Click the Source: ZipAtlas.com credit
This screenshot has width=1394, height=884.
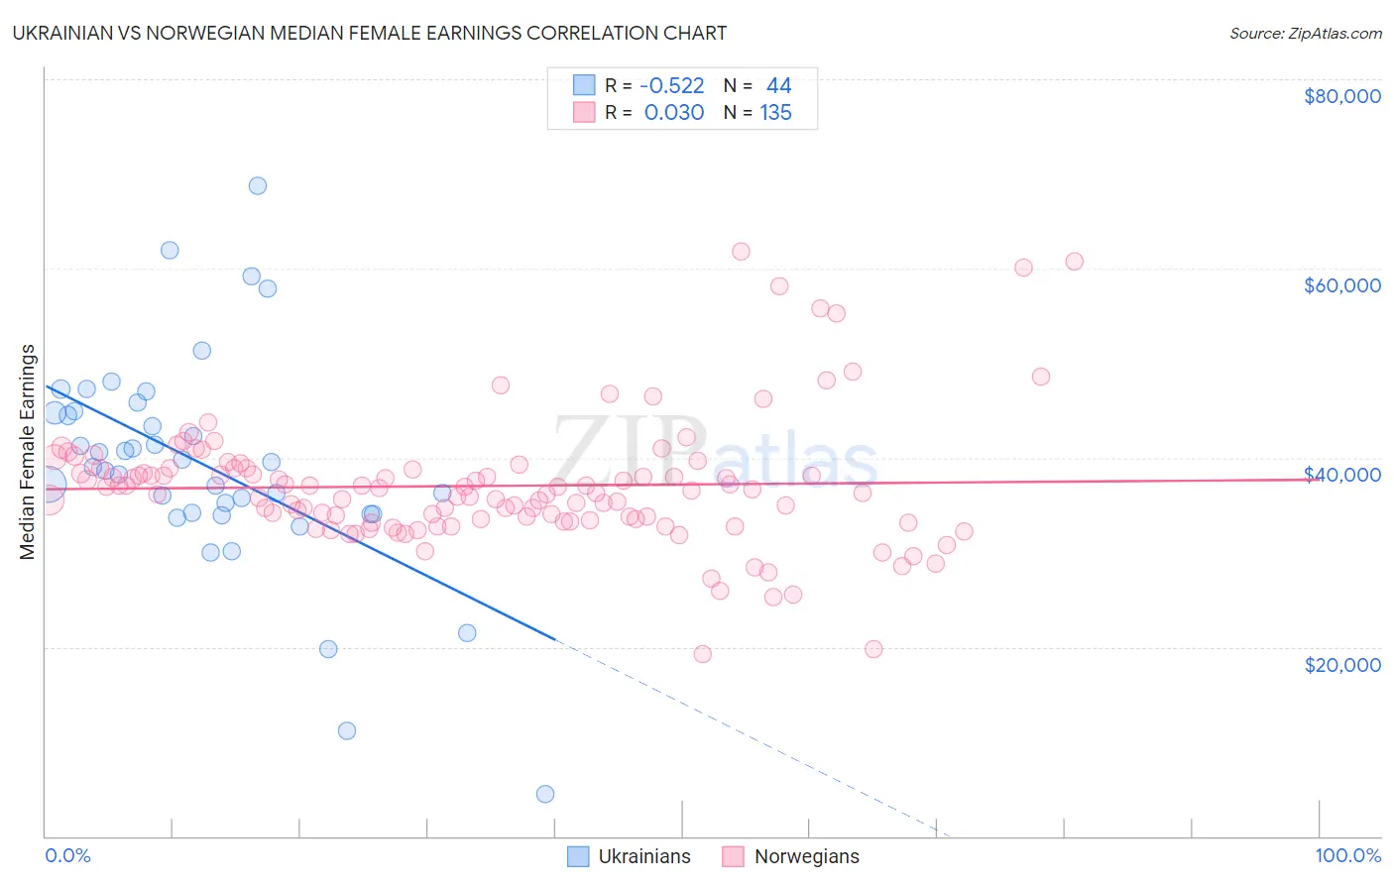click(1305, 34)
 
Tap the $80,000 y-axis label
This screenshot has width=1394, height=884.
click(1341, 96)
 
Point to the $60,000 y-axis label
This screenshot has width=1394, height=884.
click(1341, 285)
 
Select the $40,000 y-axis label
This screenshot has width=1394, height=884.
click(1341, 475)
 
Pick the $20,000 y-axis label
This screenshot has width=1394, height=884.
click(1341, 665)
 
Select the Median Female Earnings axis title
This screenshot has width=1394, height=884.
click(28, 452)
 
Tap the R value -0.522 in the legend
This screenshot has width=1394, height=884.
click(671, 86)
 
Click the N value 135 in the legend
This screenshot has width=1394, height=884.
click(775, 113)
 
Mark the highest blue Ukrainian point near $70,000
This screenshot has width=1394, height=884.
click(258, 185)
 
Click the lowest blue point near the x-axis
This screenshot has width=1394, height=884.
click(545, 794)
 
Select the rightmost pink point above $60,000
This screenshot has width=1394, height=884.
click(1074, 262)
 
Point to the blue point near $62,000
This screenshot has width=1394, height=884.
click(170, 251)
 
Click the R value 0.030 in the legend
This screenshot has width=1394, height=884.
click(674, 113)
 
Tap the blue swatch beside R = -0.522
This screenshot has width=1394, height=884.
click(584, 86)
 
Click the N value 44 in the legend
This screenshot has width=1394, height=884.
click(778, 86)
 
